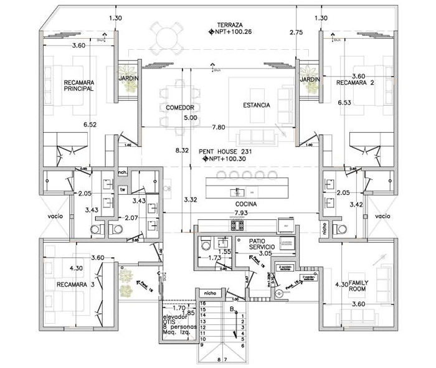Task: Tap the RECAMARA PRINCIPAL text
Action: tap(78, 85)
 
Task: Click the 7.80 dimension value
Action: tap(218, 127)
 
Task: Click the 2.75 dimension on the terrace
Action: tap(296, 31)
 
